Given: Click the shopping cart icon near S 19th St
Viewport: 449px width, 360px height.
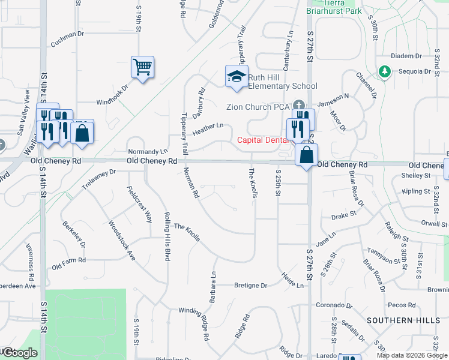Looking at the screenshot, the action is click(x=143, y=67).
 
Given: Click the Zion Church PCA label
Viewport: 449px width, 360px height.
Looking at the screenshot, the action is click(x=258, y=107).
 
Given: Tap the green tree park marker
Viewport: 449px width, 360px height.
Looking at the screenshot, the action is click(x=384, y=72).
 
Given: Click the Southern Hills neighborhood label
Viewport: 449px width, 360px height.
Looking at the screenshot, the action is click(x=403, y=320).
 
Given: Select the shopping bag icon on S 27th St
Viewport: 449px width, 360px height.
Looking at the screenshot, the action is click(x=306, y=155).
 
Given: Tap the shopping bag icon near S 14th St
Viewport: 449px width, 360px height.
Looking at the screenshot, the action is click(x=82, y=133).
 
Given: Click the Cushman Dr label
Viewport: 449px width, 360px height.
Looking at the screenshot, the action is click(x=67, y=34).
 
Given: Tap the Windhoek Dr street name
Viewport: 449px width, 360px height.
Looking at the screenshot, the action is click(x=113, y=95).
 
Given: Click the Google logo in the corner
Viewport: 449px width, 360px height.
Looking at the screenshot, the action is click(x=20, y=353).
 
